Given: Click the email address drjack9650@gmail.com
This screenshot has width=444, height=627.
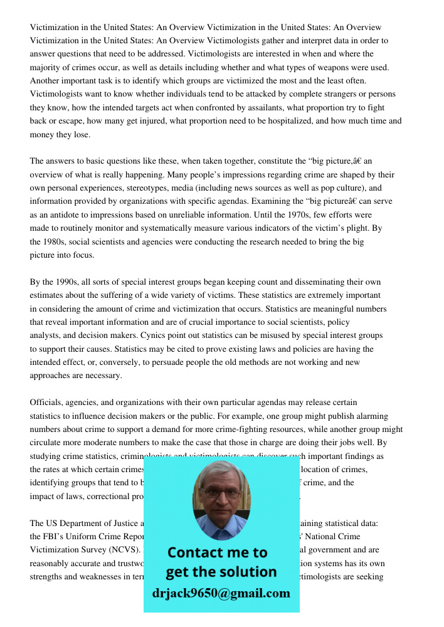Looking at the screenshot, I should point(221,593).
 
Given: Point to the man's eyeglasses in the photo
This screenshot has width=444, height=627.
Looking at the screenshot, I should point(221,492).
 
